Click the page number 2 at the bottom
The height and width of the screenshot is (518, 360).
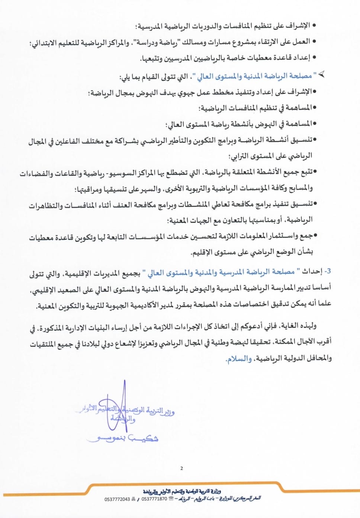[181, 468]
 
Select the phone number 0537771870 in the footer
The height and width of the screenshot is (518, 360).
[154, 499]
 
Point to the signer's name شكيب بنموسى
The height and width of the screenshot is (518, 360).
[123, 438]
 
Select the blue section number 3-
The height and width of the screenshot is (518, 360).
[327, 271]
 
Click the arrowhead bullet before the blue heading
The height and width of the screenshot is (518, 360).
[321, 74]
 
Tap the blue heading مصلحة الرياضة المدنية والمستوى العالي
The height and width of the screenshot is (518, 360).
[256, 76]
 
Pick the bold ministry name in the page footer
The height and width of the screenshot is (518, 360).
[182, 491]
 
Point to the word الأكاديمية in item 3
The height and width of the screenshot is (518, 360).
[140, 305]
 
